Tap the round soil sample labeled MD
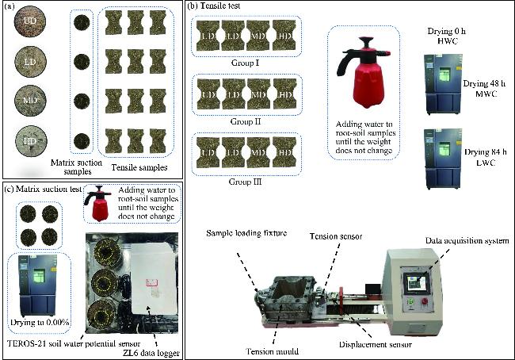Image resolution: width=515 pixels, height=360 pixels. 29,102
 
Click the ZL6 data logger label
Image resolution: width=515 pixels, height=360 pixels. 148,351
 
